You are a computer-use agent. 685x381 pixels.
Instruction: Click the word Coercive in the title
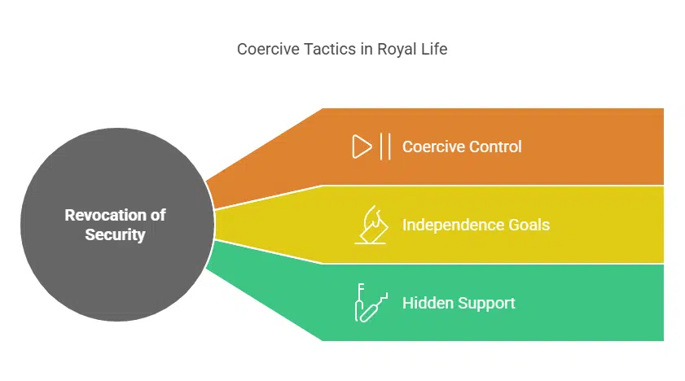point(264,50)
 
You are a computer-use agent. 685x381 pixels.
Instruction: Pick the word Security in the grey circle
point(115,234)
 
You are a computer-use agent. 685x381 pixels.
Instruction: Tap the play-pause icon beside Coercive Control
point(371,147)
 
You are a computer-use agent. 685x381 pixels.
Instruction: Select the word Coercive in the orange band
point(431,147)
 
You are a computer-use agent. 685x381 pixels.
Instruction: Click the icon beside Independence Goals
point(371,225)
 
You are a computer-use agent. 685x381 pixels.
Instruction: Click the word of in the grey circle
point(157,215)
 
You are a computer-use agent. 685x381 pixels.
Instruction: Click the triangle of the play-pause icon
point(361,147)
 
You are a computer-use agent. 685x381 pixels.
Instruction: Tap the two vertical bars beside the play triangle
point(384,147)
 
